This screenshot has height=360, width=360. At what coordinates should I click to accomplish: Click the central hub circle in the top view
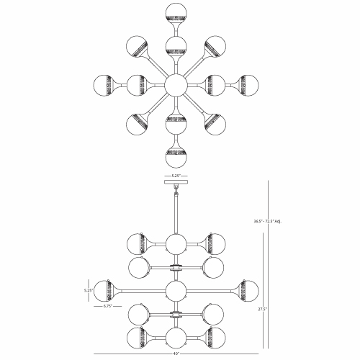click(x=176, y=85)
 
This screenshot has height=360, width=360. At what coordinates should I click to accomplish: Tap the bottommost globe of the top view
click(x=176, y=157)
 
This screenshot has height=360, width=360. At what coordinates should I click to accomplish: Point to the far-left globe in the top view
click(x=104, y=86)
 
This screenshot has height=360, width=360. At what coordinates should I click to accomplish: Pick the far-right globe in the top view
click(x=248, y=86)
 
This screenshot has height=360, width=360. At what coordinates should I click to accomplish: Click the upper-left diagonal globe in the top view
click(x=136, y=46)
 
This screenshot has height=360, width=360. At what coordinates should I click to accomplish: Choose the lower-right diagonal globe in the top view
click(x=215, y=125)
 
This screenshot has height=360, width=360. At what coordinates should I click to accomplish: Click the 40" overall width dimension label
click(x=176, y=354)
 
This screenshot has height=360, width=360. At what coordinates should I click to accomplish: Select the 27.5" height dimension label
click(x=262, y=309)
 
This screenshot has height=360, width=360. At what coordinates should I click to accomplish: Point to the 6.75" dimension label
click(x=108, y=306)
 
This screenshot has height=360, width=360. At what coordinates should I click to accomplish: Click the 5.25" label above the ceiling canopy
click(x=176, y=176)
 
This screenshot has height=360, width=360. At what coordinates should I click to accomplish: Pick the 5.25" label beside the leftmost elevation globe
click(x=88, y=290)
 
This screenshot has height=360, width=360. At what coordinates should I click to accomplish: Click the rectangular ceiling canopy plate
click(x=176, y=181)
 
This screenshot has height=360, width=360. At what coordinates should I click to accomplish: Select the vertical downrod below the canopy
click(x=176, y=214)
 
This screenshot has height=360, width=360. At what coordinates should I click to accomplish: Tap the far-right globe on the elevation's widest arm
click(x=248, y=291)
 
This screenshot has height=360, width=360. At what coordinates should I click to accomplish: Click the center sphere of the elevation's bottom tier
click(x=176, y=338)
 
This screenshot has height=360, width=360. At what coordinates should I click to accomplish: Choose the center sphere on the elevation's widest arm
click(x=176, y=291)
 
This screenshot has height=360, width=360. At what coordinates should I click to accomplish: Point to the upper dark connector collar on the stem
click(x=176, y=267)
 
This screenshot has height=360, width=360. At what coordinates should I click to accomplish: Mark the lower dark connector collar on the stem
click(x=176, y=314)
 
